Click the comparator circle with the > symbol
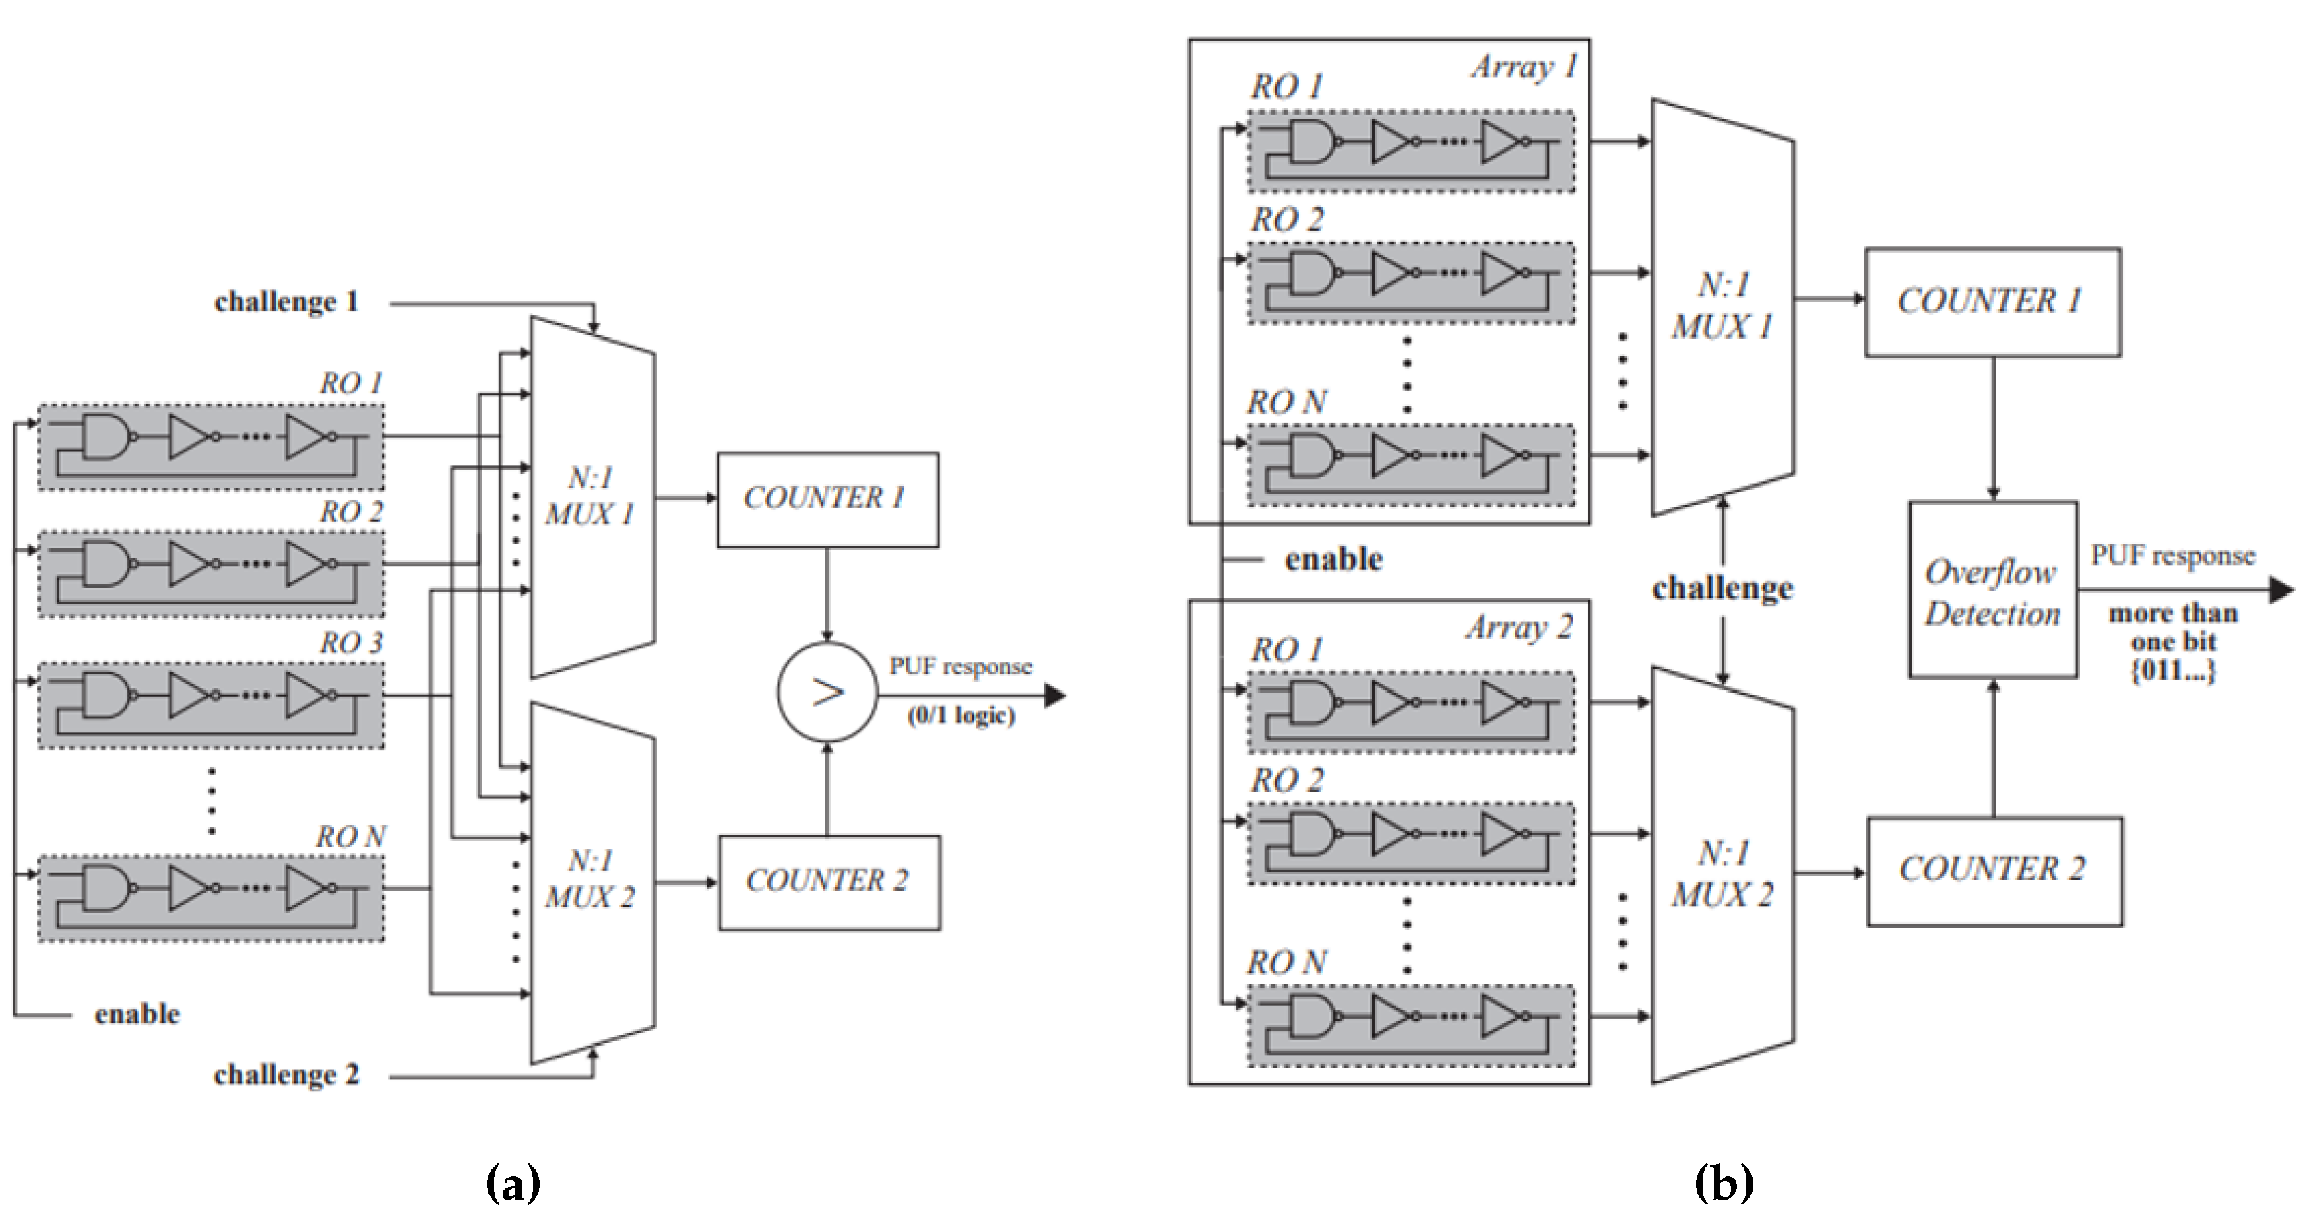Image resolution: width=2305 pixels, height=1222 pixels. coord(827,692)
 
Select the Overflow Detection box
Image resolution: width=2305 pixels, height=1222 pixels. coord(1993,590)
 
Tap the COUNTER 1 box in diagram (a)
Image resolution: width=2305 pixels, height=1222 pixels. coord(827,499)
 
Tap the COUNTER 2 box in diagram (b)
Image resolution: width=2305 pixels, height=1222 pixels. coord(1994,870)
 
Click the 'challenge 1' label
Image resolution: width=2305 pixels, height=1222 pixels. coord(286,302)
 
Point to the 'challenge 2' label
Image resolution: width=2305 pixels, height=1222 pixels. coord(286,1074)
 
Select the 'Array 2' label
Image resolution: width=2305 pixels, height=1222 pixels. coord(1519,628)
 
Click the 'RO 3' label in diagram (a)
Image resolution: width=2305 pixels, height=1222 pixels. coord(351,642)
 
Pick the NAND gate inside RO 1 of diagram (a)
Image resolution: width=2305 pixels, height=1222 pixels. coord(107,437)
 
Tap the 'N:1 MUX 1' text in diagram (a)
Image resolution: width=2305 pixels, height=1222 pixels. coord(590,496)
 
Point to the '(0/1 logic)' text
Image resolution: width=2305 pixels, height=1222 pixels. coord(961,715)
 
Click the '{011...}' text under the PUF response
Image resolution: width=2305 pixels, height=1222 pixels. coord(2172,671)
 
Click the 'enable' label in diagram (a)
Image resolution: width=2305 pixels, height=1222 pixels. coord(137,1015)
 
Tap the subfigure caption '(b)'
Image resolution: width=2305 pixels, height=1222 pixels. coord(1724,1184)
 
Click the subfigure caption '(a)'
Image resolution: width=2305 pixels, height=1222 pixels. coord(513,1184)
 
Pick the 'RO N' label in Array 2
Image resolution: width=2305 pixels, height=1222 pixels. coord(1287,963)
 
